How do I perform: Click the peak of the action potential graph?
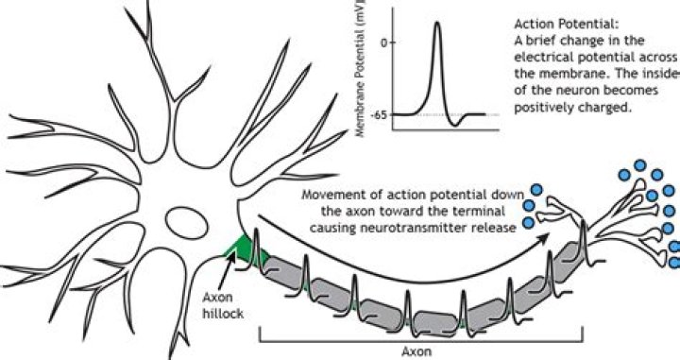(437, 23)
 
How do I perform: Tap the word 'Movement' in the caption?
(327, 196)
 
